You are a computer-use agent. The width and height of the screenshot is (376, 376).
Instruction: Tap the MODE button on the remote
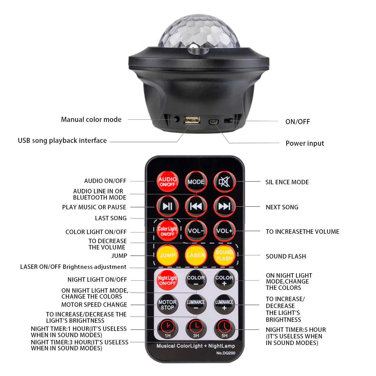pyautogui.click(x=196, y=182)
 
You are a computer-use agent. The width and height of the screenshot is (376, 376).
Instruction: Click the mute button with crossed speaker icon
pyautogui.click(x=224, y=182)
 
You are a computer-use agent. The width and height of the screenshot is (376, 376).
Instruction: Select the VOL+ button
pyautogui.click(x=224, y=231)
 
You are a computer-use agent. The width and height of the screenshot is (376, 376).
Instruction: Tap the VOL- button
pyautogui.click(x=196, y=231)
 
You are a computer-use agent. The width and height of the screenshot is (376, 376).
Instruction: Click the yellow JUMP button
pyautogui.click(x=167, y=255)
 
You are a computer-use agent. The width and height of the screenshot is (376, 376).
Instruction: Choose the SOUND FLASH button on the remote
pyautogui.click(x=224, y=255)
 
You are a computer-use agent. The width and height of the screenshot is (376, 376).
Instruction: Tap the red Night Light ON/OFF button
pyautogui.click(x=167, y=280)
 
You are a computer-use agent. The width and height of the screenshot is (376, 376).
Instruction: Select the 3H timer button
pyautogui.click(x=196, y=329)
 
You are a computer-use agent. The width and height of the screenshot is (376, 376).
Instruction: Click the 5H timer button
pyautogui.click(x=224, y=329)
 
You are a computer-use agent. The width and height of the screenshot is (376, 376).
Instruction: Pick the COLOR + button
pyautogui.click(x=224, y=280)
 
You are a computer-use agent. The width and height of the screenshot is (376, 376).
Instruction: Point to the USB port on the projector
pyautogui.click(x=192, y=120)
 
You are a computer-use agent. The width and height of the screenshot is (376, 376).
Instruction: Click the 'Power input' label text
pyautogui.click(x=305, y=144)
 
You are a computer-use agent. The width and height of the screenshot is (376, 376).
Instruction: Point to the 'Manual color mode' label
pyautogui.click(x=91, y=119)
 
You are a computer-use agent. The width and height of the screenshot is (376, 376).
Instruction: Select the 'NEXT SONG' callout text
pyautogui.click(x=282, y=207)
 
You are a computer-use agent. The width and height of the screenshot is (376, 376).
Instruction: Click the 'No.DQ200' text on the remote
pyautogui.click(x=226, y=353)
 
